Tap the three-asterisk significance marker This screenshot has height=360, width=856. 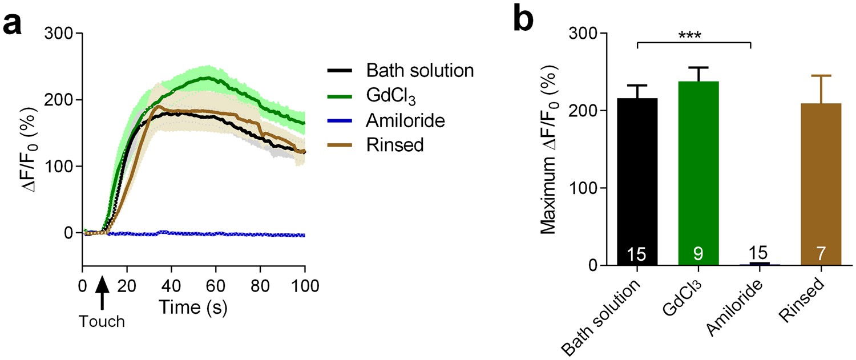(693, 35)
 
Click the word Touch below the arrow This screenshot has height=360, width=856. (102, 322)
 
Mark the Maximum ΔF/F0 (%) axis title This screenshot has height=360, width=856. (549, 149)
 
